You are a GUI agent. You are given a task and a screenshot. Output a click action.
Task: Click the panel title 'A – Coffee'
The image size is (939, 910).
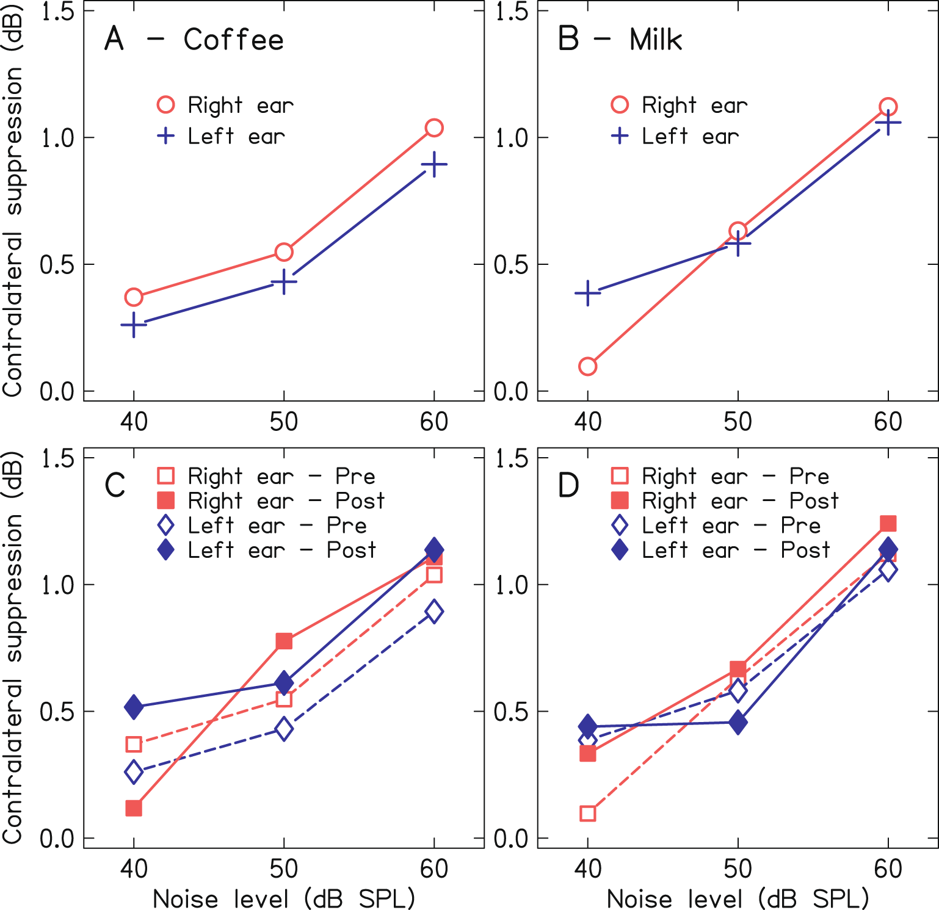(x=194, y=40)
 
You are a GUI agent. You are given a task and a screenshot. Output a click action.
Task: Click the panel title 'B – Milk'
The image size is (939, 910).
(x=620, y=40)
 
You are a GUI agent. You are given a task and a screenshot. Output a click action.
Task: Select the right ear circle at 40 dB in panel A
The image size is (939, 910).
(x=134, y=297)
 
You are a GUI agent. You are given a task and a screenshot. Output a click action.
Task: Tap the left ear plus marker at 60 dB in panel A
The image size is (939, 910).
(x=434, y=165)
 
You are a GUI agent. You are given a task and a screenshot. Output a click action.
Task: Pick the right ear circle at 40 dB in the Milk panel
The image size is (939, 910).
(x=587, y=366)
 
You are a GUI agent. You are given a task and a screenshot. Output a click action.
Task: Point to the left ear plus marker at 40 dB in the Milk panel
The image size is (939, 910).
(x=587, y=293)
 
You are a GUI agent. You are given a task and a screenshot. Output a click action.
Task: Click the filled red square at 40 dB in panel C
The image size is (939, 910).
(x=134, y=809)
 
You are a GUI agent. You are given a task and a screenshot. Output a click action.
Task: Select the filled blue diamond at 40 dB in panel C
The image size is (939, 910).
(x=134, y=707)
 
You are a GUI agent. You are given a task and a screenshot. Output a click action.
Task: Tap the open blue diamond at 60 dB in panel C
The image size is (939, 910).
(x=434, y=611)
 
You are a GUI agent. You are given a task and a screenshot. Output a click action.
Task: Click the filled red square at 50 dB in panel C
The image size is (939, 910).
(x=284, y=641)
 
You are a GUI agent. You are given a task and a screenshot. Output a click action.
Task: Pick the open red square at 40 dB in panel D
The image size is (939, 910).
(x=587, y=813)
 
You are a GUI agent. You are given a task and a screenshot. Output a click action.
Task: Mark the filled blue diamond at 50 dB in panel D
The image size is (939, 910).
(x=738, y=723)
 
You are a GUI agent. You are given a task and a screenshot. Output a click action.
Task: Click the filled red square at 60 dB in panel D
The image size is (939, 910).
(x=888, y=523)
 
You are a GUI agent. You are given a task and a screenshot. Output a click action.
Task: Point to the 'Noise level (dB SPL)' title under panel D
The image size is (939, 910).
(x=738, y=898)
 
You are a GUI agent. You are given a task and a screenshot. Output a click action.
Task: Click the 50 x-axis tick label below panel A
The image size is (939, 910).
(x=284, y=422)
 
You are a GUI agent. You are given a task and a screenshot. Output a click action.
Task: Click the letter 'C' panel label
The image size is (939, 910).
(x=115, y=486)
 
